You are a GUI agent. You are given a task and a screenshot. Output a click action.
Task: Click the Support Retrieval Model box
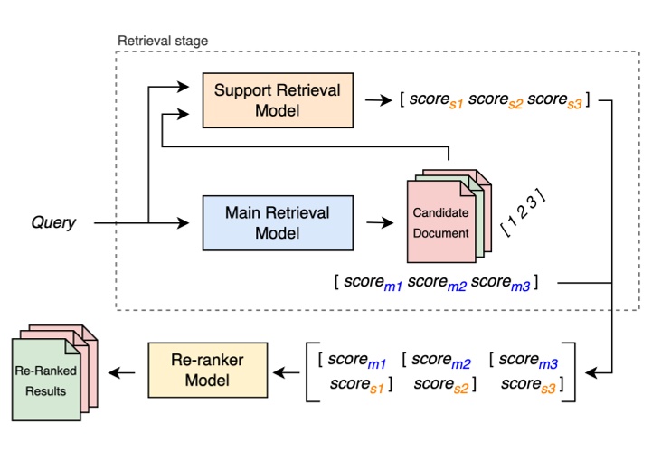coord(277,100)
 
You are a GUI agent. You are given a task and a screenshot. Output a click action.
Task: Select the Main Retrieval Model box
coord(277,222)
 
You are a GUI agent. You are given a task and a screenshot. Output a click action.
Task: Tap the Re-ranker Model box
coord(209,371)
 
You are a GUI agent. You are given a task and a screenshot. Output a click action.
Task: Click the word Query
coord(53,222)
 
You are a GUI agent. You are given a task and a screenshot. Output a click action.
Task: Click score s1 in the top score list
coord(439,100)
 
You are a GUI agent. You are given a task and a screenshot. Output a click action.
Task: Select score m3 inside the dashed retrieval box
coord(499,283)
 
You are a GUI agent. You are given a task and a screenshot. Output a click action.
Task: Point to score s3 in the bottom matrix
coord(530,385)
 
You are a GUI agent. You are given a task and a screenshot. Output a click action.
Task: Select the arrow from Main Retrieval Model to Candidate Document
coord(376,221)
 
